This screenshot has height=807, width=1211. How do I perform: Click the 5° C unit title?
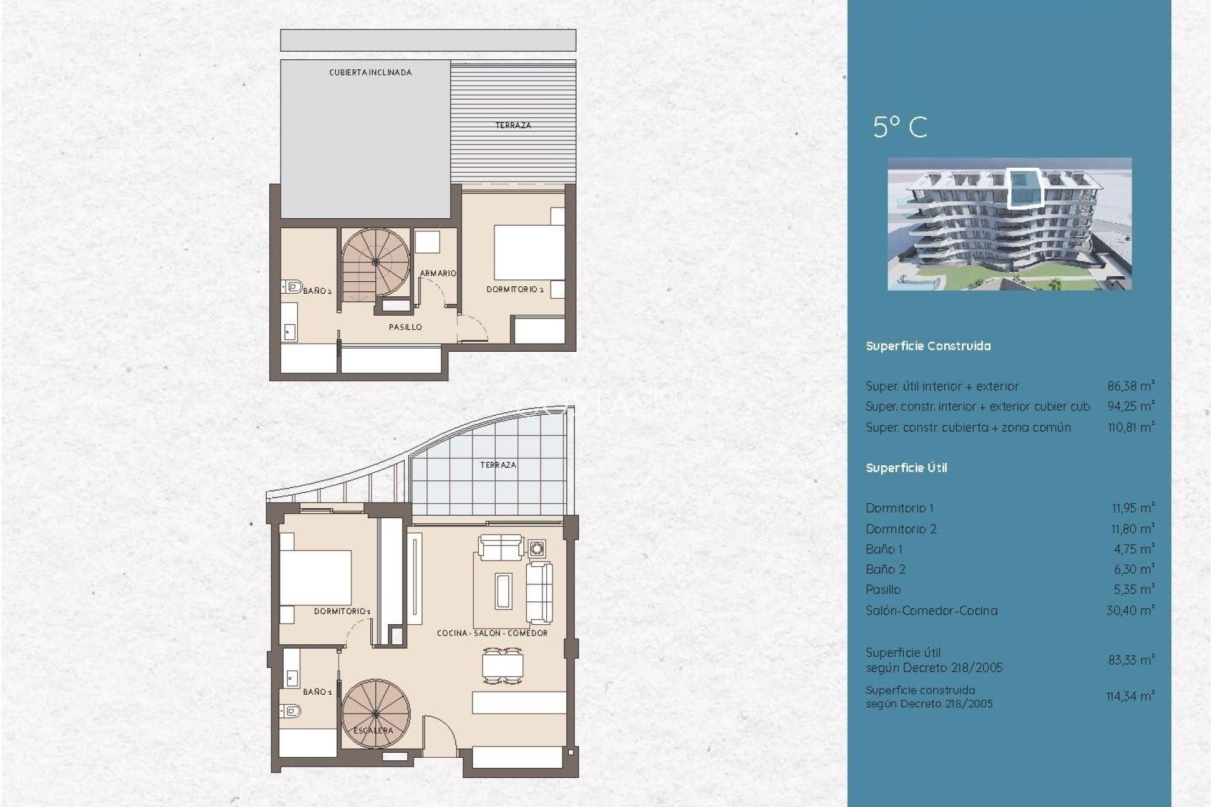(x=899, y=127)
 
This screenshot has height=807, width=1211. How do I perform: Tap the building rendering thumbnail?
(x=1009, y=224)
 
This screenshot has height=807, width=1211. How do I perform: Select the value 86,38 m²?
(x=1130, y=386)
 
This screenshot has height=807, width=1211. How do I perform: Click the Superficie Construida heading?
(x=928, y=346)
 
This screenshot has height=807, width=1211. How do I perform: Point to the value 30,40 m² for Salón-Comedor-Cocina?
(x=1130, y=610)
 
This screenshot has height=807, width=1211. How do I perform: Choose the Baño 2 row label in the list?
(x=885, y=569)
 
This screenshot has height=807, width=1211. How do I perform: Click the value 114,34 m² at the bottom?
(x=1130, y=696)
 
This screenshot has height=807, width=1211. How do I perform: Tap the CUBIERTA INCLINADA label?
(x=370, y=73)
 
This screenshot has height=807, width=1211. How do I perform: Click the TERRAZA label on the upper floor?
(x=513, y=125)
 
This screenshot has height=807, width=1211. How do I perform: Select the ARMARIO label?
(x=438, y=273)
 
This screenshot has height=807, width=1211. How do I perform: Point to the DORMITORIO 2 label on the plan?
(x=515, y=289)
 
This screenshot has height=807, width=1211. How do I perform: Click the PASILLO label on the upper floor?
(x=405, y=327)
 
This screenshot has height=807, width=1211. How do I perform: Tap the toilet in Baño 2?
(x=292, y=287)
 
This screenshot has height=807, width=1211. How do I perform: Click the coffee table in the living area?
(x=503, y=590)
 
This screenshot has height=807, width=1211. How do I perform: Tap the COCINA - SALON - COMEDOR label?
(x=492, y=633)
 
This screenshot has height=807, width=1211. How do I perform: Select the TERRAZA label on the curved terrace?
(x=498, y=465)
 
